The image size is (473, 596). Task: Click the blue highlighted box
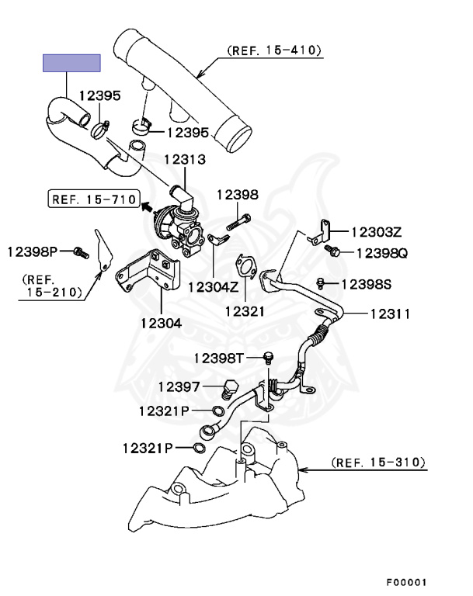click(x=71, y=63)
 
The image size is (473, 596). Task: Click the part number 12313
click(x=184, y=160)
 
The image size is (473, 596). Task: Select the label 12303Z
click(x=376, y=231)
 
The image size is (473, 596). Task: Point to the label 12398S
click(x=367, y=284)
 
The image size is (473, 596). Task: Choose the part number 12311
click(x=390, y=314)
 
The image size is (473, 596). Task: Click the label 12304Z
click(x=212, y=285)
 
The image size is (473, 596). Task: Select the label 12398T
click(x=219, y=358)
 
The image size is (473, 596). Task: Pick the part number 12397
click(x=180, y=386)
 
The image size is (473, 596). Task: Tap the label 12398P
click(x=33, y=251)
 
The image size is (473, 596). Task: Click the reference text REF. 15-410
click(x=274, y=50)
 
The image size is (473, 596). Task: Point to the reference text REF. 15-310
click(x=379, y=463)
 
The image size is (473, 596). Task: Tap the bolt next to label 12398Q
click(x=335, y=252)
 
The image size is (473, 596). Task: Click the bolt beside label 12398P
click(x=77, y=251)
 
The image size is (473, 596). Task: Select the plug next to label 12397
click(x=229, y=388)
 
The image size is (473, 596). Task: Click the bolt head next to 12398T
click(x=269, y=357)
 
